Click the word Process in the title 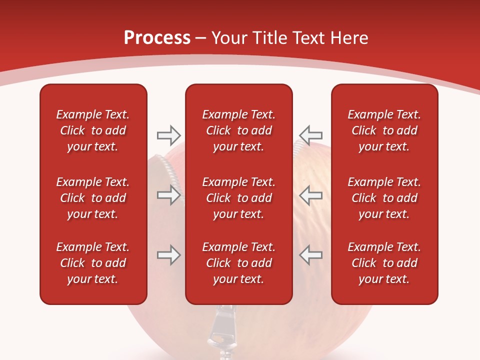pos(157,38)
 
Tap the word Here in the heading pos(348,38)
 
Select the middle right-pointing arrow pos(168,195)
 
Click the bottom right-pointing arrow pos(168,255)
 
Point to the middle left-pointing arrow pos(310,195)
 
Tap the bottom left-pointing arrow pos(310,255)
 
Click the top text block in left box pos(93,130)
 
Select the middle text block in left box pos(93,198)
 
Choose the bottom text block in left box pos(93,263)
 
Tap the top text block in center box pos(239,130)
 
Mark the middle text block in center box pos(239,198)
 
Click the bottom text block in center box pos(239,263)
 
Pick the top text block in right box pos(384,130)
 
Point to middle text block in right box pos(384,198)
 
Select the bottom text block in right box pos(384,263)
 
